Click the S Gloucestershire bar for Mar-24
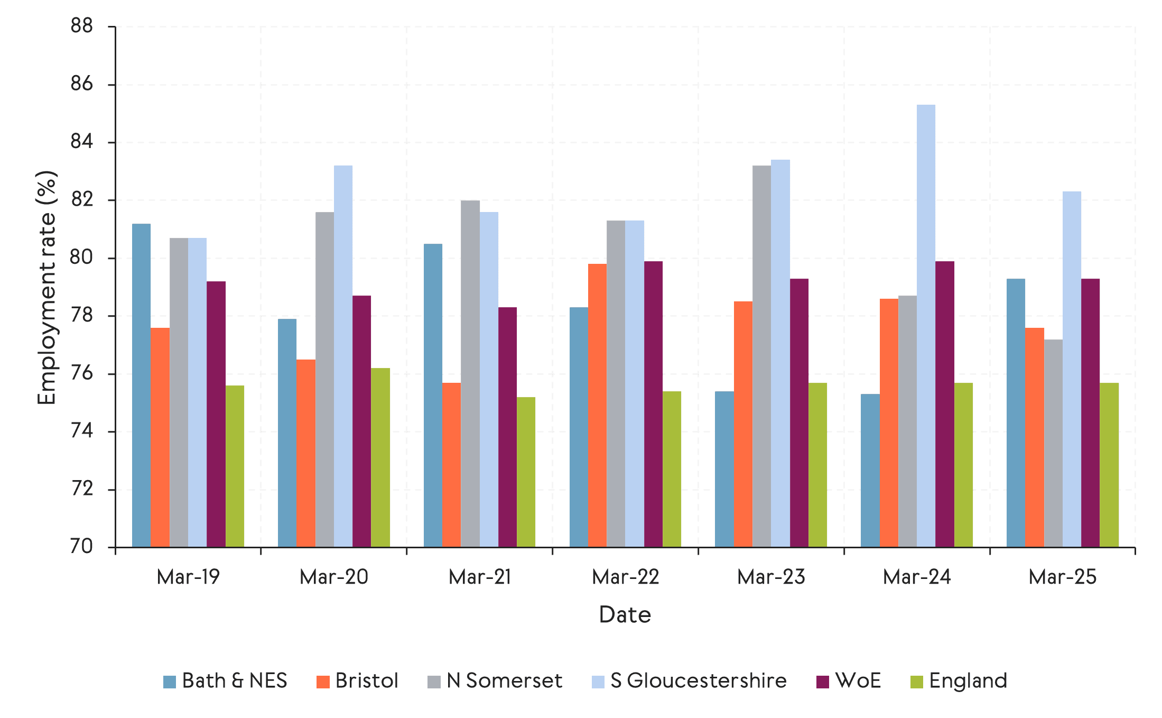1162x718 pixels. (x=926, y=326)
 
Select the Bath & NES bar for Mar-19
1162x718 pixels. (x=141, y=385)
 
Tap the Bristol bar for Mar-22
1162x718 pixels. (x=597, y=405)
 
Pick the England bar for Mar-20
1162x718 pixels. (x=380, y=457)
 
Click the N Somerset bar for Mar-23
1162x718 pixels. (x=761, y=356)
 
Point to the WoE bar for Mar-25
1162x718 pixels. (x=1090, y=412)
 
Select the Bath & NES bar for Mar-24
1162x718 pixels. (x=870, y=470)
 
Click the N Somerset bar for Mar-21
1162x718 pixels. (x=470, y=373)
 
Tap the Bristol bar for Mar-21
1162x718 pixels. (x=451, y=465)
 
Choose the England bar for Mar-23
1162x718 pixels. (x=817, y=465)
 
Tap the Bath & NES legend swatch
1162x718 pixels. (x=170, y=682)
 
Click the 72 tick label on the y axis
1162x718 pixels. (x=82, y=489)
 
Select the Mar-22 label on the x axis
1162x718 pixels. (x=626, y=577)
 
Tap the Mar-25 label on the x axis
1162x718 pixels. (x=1063, y=577)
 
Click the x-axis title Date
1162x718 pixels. (x=625, y=615)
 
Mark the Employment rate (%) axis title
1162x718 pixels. (x=47, y=288)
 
